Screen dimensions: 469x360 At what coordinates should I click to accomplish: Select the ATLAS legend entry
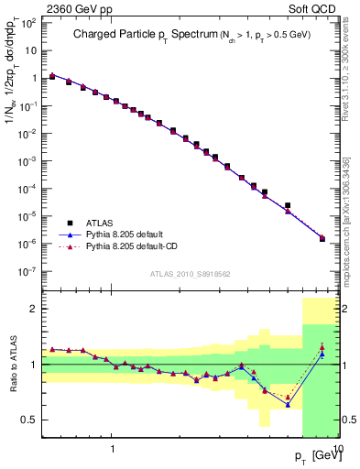[99, 223]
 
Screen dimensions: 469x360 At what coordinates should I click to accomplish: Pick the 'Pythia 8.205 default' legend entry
[128, 234]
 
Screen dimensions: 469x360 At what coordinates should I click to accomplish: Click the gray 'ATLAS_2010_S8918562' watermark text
[190, 273]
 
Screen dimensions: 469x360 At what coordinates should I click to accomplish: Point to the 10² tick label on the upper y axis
[29, 22]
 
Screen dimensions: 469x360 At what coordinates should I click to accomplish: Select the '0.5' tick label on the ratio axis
[29, 420]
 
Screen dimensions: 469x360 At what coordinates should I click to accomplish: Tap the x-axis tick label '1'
[112, 449]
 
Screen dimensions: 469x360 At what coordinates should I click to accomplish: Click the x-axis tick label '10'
[336, 449]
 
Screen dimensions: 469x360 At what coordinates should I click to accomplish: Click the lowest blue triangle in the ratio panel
[288, 404]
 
